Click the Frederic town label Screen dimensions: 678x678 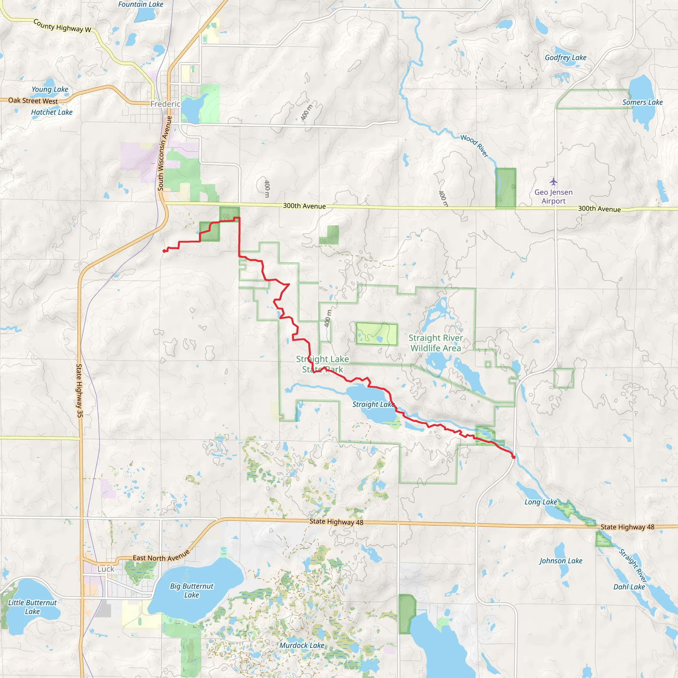pyautogui.click(x=165, y=104)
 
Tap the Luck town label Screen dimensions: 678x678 pyautogui.click(x=106, y=569)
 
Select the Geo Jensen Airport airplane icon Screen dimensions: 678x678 pyautogui.click(x=554, y=181)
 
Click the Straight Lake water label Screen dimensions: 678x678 pyautogui.click(x=373, y=404)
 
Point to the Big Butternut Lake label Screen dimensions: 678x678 pyautogui.click(x=192, y=590)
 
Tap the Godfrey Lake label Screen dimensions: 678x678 pyautogui.click(x=565, y=58)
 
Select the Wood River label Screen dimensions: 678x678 pyautogui.click(x=474, y=146)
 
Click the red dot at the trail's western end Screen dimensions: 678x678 pyautogui.click(x=164, y=251)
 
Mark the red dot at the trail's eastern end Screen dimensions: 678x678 pyautogui.click(x=514, y=457)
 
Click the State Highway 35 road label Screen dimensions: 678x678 pyautogui.click(x=79, y=391)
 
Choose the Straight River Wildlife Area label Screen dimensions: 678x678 pyautogui.click(x=436, y=343)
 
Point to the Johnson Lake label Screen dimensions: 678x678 pyautogui.click(x=561, y=561)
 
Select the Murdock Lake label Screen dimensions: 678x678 pyautogui.click(x=302, y=645)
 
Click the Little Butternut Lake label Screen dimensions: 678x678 pyautogui.click(x=32, y=607)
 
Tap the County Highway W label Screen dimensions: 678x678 pyautogui.click(x=62, y=26)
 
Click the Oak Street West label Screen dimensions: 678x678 pyautogui.click(x=33, y=101)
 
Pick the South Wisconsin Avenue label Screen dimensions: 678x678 pyautogui.click(x=165, y=153)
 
